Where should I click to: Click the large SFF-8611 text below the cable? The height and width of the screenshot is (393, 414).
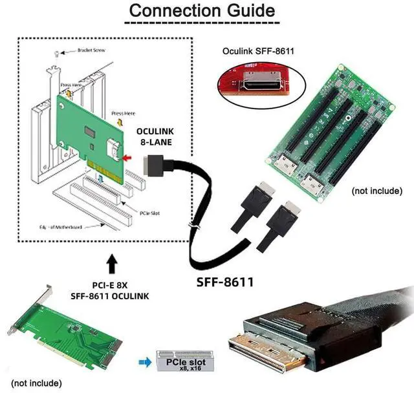click(x=224, y=282)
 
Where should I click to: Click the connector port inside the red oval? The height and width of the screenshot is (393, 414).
click(x=261, y=85)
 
